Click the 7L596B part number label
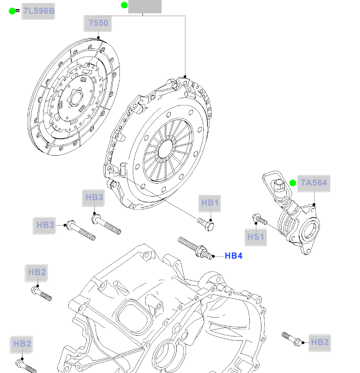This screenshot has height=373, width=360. point(39,11)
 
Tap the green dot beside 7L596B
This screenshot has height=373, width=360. point(12,11)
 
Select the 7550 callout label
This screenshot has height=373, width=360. point(99,23)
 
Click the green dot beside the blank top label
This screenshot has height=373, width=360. point(124,5)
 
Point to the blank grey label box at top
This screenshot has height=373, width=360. point(145,6)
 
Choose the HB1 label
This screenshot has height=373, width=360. point(210,203)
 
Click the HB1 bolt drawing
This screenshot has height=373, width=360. point(207,223)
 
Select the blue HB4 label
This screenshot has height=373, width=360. point(233,256)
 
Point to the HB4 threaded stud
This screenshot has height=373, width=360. point(195,248)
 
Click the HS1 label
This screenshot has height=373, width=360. point(256,237)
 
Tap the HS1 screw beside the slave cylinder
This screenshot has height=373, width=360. point(260,219)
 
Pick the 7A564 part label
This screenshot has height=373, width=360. point(314,183)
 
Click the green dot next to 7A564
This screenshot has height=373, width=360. point(293,183)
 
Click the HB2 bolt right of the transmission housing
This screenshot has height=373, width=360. point(292,339)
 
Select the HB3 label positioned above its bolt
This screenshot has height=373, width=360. point(94,197)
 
